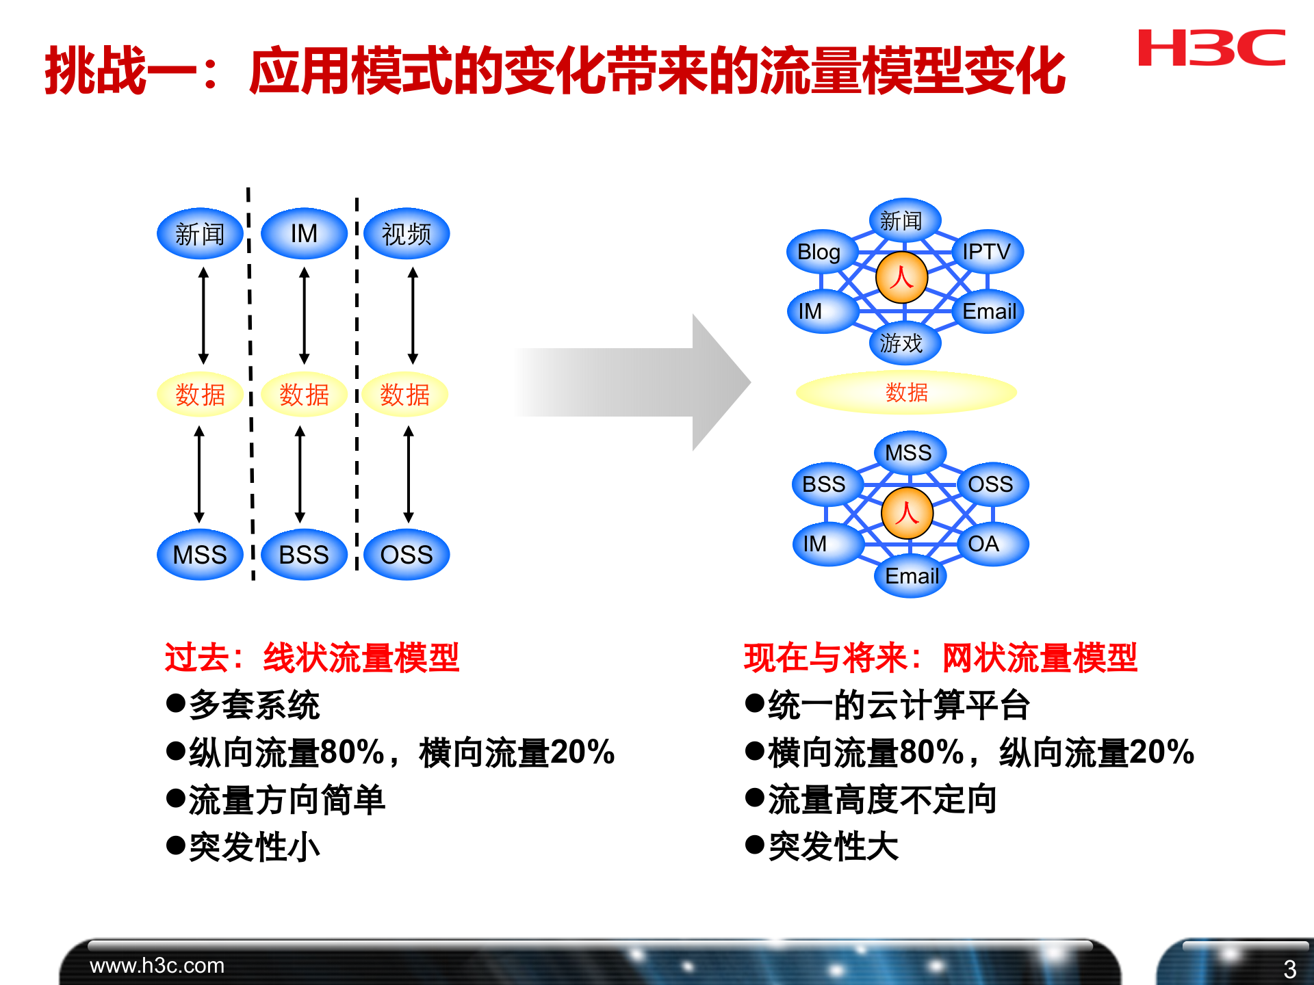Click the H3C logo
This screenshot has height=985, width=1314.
1211,48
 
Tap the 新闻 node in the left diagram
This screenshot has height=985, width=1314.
200,234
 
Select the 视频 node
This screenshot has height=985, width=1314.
407,234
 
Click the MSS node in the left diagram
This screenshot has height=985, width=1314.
200,554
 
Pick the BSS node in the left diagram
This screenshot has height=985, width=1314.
304,554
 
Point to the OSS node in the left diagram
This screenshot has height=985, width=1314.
407,554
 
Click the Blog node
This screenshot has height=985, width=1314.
820,252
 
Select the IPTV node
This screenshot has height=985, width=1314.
986,252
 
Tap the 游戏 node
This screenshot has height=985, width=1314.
903,343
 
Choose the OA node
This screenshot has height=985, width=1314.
986,544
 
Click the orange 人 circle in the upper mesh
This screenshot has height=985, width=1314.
901,278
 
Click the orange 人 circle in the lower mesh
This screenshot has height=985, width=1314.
907,513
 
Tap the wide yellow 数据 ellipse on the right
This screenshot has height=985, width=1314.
907,392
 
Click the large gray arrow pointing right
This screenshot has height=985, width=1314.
636,382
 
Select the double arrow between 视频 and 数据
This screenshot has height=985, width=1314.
413,315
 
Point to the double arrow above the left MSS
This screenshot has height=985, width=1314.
199,474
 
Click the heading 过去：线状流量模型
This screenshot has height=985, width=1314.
311,657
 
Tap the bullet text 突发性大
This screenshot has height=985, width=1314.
833,847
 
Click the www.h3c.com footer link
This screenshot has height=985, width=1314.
157,965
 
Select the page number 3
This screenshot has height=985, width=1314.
1289,969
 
